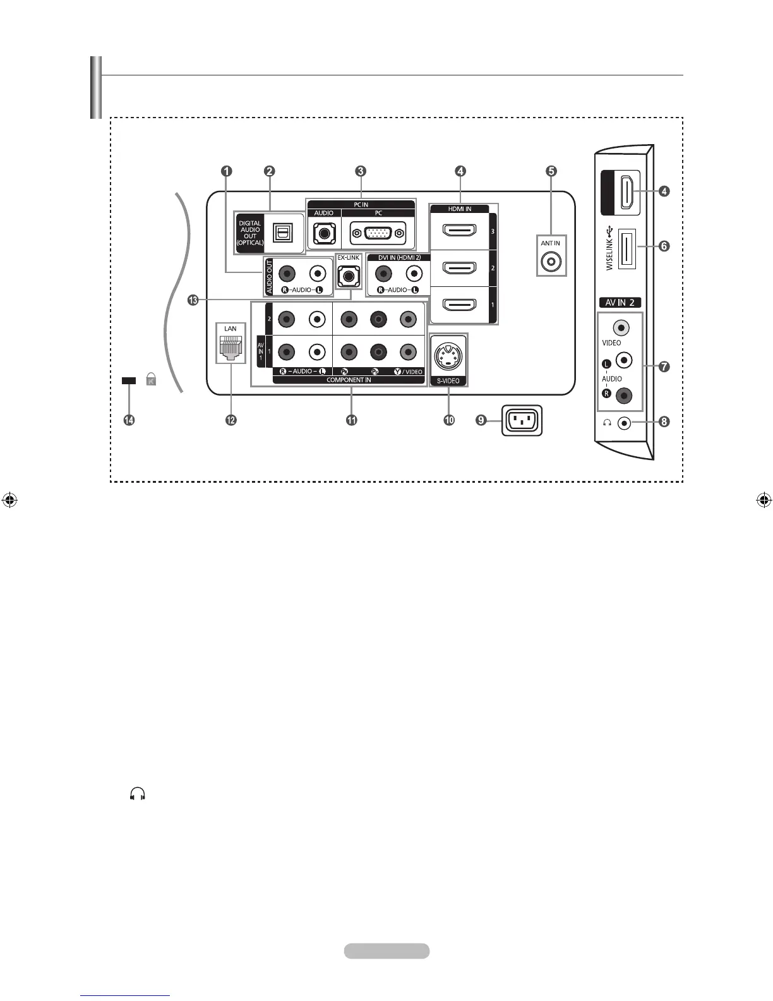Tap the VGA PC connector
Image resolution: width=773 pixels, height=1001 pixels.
click(378, 233)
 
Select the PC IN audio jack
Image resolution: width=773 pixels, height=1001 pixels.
click(324, 233)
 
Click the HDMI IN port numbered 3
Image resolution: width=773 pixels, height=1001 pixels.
click(459, 231)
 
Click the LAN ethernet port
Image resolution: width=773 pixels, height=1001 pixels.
click(230, 347)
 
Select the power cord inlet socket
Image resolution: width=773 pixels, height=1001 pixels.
click(522, 420)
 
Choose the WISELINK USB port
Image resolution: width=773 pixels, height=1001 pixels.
click(626, 247)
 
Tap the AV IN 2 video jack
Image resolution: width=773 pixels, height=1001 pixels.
click(621, 328)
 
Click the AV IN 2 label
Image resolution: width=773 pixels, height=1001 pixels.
click(620, 303)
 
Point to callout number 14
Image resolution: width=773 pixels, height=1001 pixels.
click(129, 420)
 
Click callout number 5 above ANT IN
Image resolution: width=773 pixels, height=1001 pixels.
click(551, 171)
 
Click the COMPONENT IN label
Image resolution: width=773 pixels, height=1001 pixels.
click(349, 380)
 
